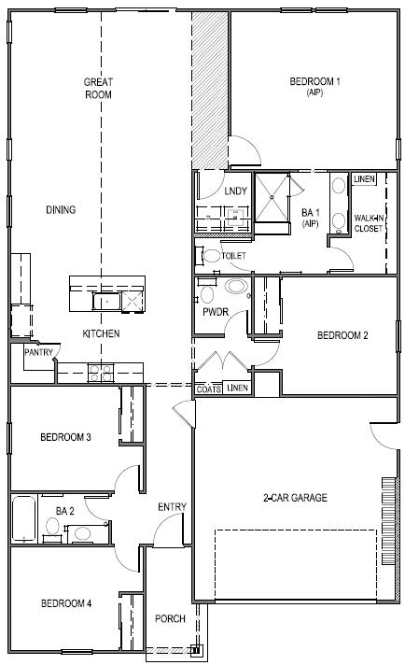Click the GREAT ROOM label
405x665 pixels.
(x=98, y=88)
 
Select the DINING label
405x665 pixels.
(x=61, y=209)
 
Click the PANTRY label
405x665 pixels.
(x=37, y=353)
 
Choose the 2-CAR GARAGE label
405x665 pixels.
(x=294, y=498)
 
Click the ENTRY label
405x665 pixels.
(x=172, y=507)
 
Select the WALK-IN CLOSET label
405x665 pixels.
(x=368, y=223)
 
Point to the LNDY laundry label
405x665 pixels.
(x=236, y=191)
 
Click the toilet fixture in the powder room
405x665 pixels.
(x=206, y=295)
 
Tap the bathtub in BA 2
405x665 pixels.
(x=24, y=519)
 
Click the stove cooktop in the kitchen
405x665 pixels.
(x=100, y=373)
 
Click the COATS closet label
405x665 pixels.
(x=209, y=389)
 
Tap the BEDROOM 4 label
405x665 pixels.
(x=65, y=604)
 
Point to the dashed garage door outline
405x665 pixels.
(x=296, y=559)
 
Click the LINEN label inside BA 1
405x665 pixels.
(x=364, y=178)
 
